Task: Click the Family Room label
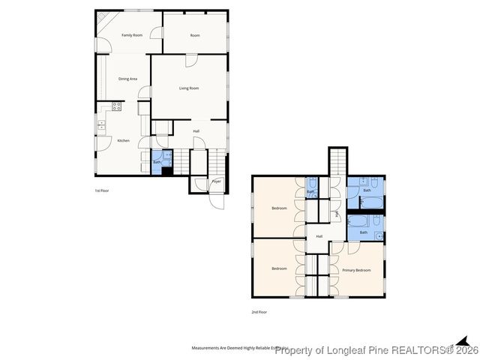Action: coord(132,35)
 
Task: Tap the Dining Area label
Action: coord(127,78)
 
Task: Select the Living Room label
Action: coord(189,88)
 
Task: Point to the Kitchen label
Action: coord(123,140)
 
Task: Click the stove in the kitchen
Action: coord(116,106)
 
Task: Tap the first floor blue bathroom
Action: coord(157,162)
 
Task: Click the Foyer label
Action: coord(216,181)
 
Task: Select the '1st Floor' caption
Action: coord(102,191)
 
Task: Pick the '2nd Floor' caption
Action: coord(259,311)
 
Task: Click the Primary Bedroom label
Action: coord(356,269)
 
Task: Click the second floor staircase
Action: coord(337,160)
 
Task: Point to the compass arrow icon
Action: coord(462,341)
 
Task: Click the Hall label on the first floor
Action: coord(196,131)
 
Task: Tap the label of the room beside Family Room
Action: coord(195,35)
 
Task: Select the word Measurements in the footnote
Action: coord(208,349)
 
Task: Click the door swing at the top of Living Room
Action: coord(192,61)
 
